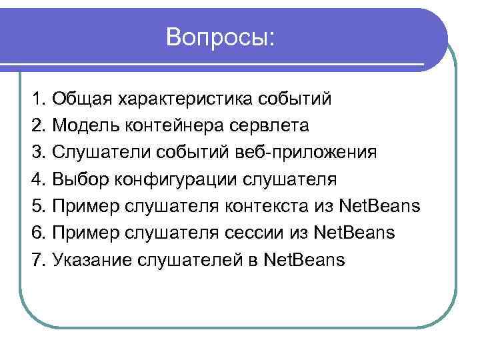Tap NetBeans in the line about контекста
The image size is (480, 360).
pos(380,206)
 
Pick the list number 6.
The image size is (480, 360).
pos(37,233)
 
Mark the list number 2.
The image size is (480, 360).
pos(37,126)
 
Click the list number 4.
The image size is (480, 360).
pos(37,179)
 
